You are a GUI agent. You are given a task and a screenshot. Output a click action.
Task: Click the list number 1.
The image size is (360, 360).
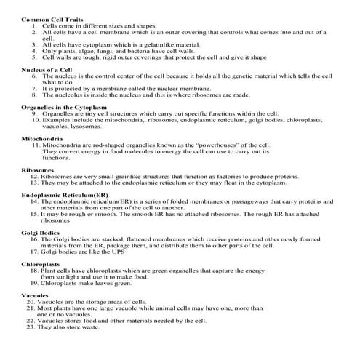[35, 25]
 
